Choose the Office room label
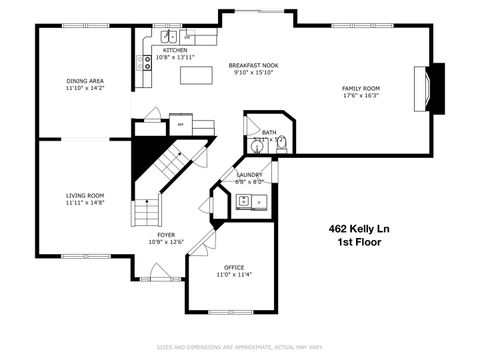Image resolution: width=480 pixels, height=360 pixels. (235, 267)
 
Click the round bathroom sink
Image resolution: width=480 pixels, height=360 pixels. (257, 145)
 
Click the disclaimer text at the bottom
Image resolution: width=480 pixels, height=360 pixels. (240, 347)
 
